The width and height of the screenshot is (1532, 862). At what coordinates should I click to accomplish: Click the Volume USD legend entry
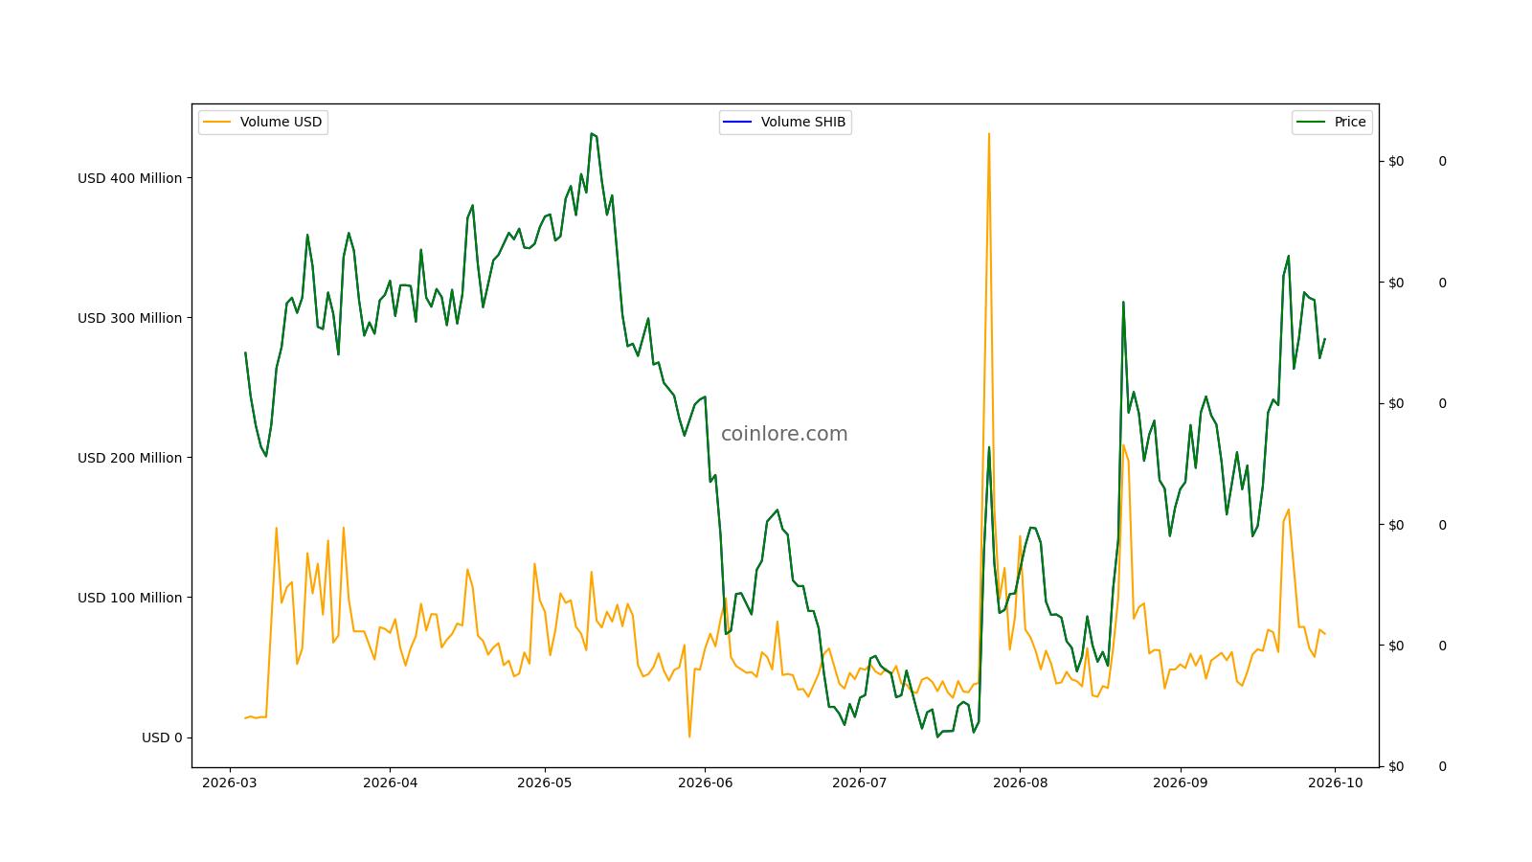(263, 123)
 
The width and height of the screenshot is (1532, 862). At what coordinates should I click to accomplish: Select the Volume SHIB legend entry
(785, 123)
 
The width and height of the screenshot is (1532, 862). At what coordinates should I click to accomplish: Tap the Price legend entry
(1332, 123)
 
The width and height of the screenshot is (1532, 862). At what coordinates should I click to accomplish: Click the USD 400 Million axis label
(130, 178)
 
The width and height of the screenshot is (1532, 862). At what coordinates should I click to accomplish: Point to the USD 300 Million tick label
(130, 318)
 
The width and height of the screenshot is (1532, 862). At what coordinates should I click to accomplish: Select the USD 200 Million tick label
(130, 459)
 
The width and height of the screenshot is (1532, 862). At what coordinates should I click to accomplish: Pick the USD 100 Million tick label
(130, 598)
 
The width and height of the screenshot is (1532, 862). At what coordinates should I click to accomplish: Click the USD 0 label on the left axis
(162, 737)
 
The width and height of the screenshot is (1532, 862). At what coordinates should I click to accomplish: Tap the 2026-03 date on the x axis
(230, 783)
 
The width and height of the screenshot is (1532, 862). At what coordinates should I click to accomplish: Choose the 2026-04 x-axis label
(390, 783)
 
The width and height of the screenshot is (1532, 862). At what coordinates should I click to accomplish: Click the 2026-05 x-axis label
(545, 783)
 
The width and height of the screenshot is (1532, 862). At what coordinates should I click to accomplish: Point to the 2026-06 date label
(705, 783)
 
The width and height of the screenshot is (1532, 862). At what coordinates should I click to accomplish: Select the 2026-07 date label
(860, 783)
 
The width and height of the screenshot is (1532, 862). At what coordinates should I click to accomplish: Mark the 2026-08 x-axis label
(1020, 783)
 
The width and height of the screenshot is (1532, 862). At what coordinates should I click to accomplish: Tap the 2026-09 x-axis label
(1181, 783)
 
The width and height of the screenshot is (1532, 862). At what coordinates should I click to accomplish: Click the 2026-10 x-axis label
(1335, 783)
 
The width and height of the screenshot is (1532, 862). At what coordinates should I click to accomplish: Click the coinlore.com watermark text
(784, 434)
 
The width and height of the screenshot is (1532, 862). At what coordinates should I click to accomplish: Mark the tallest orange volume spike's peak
(989, 134)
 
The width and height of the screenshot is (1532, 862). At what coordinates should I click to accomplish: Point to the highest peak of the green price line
(592, 134)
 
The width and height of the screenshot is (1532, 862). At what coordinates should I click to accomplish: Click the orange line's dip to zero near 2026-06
(689, 737)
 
